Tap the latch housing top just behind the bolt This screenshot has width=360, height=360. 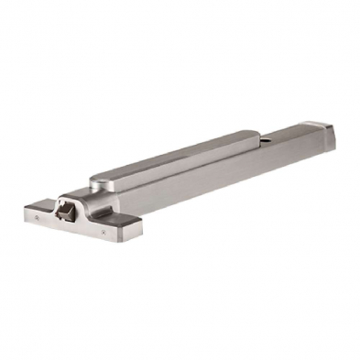[x=73, y=197]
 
